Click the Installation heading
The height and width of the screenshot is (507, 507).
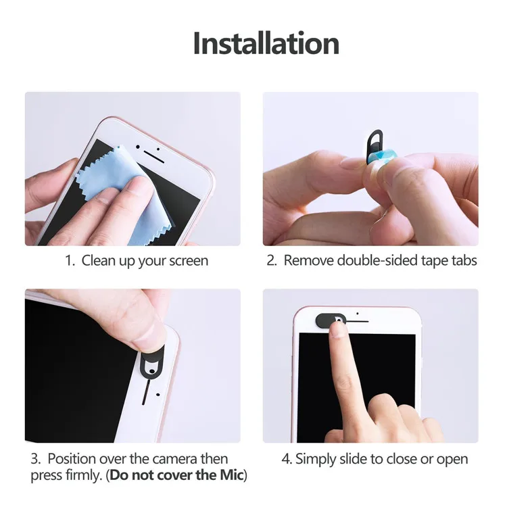pos(266,43)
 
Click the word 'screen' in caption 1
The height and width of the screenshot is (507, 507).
pos(189,260)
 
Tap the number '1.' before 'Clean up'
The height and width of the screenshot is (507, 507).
pos(70,260)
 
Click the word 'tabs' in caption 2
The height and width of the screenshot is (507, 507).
pos(464,260)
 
